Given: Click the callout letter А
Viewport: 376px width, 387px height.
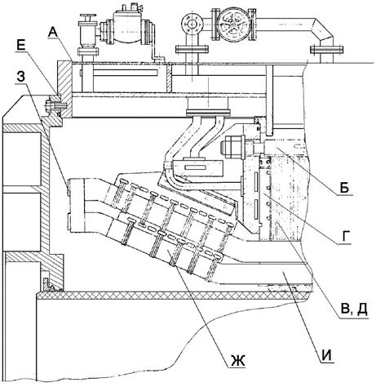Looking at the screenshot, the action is tap(53, 33).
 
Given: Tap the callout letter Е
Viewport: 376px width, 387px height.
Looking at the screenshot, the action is tap(21, 46).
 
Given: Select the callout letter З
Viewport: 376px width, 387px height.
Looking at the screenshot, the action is tap(21, 77).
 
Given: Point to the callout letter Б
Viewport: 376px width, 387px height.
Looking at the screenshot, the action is tap(344, 188).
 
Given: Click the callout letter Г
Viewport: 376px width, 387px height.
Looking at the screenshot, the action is tap(345, 236).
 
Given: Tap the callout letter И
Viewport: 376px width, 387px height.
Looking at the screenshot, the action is tap(327, 355).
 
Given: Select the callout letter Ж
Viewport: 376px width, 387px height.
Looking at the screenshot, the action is tap(238, 361).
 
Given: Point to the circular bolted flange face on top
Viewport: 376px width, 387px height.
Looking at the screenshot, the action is tap(192, 23).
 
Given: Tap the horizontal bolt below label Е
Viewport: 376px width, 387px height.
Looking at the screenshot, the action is tap(55, 105).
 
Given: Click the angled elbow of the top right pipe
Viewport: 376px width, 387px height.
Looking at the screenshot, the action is tap(323, 30).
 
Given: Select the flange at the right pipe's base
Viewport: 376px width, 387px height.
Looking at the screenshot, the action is tap(326, 50).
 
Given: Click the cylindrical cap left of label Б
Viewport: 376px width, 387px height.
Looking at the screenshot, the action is tap(232, 149).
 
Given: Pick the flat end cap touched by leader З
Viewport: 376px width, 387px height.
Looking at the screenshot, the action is tap(75, 205).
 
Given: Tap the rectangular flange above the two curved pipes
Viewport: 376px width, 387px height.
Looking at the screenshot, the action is tap(208, 112).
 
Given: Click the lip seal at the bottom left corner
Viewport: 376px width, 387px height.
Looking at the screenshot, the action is tap(51, 283).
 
